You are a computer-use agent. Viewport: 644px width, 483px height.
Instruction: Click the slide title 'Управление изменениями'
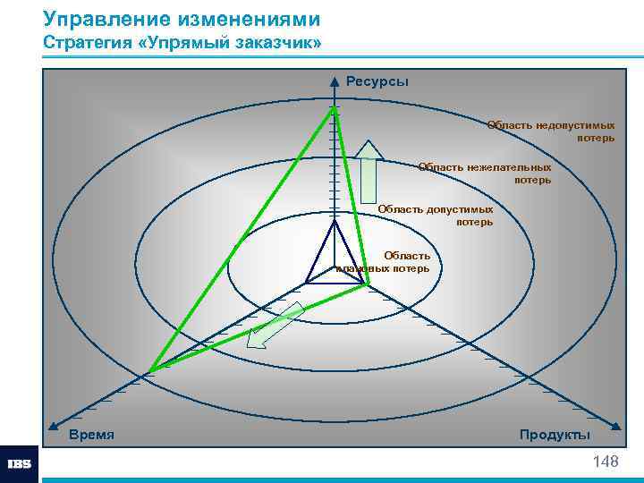[x=182, y=19]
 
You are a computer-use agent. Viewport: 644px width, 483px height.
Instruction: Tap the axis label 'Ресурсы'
[x=377, y=81]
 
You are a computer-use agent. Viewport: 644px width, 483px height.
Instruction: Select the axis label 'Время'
[x=91, y=434]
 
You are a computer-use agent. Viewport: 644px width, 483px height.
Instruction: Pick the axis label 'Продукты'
[x=555, y=434]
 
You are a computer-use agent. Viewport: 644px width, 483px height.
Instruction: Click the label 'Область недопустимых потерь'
[x=550, y=131]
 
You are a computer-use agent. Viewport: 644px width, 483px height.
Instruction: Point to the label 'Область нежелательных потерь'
[x=485, y=174]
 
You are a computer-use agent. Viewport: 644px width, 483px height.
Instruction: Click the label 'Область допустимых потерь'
[x=435, y=215]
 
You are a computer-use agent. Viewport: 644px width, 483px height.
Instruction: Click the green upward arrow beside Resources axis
[x=369, y=175]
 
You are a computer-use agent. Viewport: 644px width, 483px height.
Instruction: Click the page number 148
[x=605, y=462]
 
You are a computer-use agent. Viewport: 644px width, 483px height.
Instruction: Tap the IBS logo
[x=19, y=464]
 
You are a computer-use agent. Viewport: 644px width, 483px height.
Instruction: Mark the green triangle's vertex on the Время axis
[x=149, y=369]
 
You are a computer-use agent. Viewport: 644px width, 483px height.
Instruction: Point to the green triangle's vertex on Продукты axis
[x=369, y=286]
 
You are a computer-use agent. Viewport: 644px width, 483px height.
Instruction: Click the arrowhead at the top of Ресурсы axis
[x=335, y=79]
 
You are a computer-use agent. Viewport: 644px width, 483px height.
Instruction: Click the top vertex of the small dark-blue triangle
[x=335, y=221]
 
